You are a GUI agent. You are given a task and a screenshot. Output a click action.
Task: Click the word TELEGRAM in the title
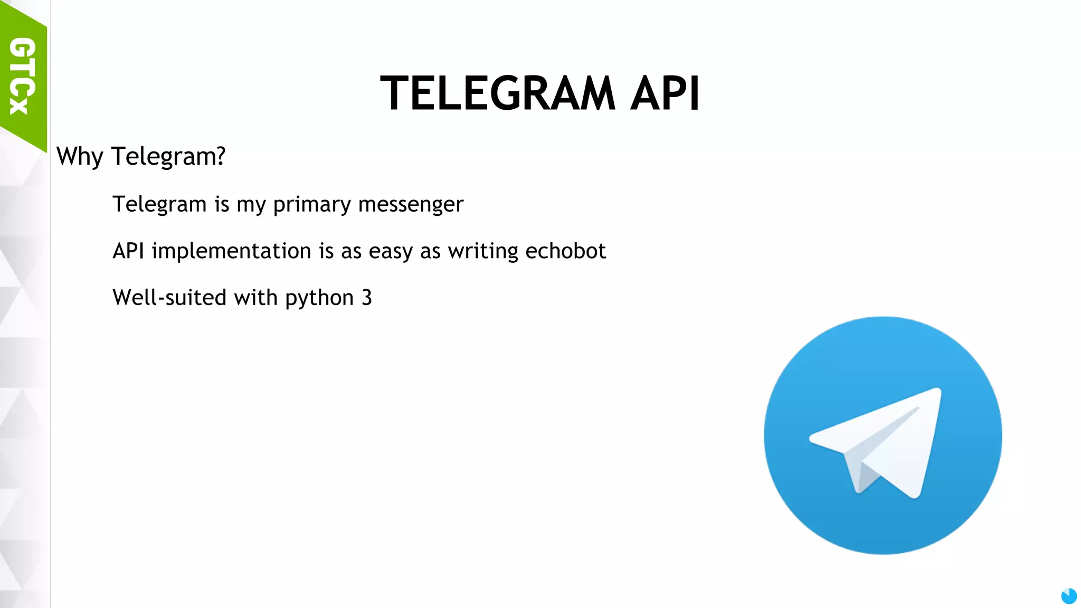tap(497, 93)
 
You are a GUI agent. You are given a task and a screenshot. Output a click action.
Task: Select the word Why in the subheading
tap(80, 157)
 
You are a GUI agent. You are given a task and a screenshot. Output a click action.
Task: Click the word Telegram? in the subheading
tap(168, 157)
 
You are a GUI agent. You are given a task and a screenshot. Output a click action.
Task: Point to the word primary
tap(311, 205)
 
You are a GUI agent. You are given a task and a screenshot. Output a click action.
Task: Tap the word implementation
tap(231, 251)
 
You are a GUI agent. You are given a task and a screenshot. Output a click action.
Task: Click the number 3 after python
tap(367, 298)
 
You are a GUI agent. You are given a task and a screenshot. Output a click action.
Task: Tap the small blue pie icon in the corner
tap(1069, 596)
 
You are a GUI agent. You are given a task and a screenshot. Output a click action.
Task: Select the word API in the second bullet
tap(128, 251)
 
